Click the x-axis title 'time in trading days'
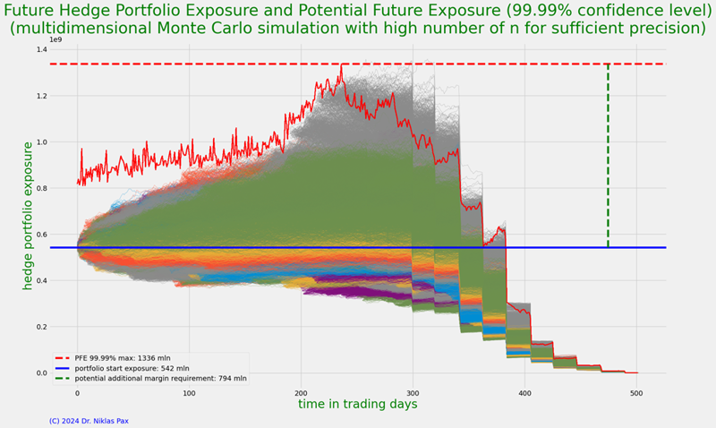click(x=357, y=405)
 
